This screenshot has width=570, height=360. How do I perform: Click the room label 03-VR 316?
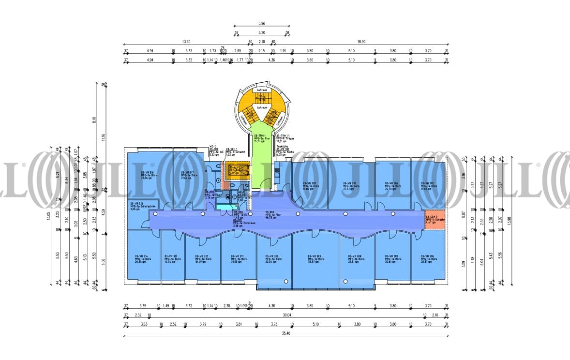click(x=148, y=175)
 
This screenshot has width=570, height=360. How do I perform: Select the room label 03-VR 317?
click(x=188, y=175)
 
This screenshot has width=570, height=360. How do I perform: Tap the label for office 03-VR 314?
click(x=142, y=259)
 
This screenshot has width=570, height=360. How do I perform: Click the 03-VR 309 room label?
click(x=315, y=259)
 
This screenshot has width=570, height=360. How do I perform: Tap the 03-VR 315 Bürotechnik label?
click(x=138, y=207)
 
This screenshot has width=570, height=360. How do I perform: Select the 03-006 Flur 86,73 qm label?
click(x=270, y=215)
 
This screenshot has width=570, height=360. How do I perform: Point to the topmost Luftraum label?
click(x=262, y=90)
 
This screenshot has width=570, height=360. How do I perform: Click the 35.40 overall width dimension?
click(x=285, y=333)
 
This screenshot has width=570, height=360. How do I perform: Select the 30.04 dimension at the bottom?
click(x=287, y=315)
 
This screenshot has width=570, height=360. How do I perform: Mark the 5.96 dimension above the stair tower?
click(x=262, y=23)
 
